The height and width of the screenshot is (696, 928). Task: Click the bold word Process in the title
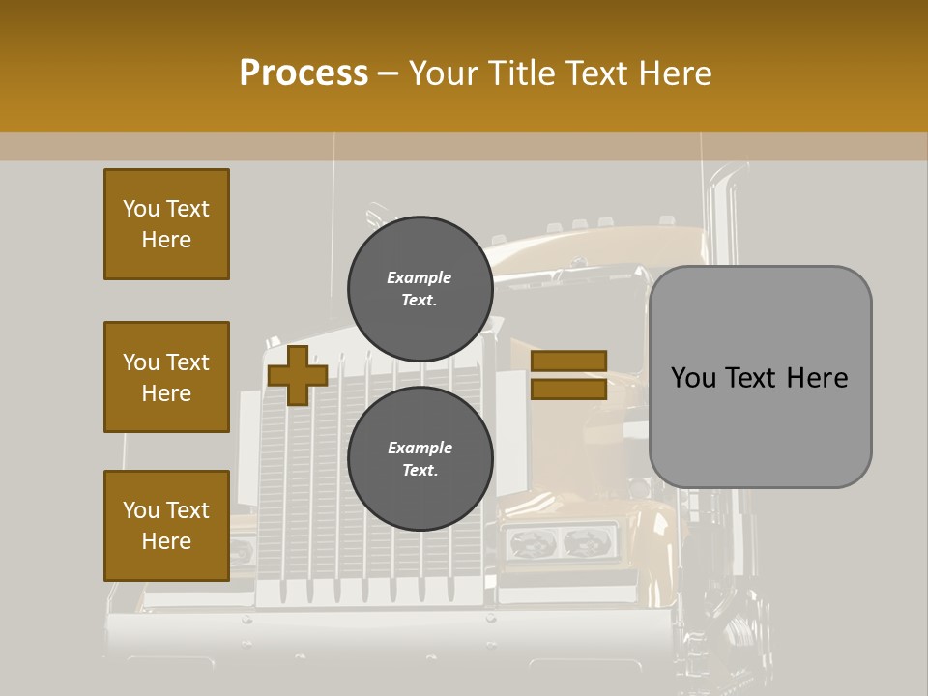point(304,73)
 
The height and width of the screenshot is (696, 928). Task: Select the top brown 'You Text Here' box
point(166,224)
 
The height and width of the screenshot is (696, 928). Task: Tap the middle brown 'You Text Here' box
point(166,377)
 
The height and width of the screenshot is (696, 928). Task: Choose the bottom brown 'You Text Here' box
point(166,526)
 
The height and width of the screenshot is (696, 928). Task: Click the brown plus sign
point(298,375)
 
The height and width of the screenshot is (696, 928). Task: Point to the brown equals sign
point(568,375)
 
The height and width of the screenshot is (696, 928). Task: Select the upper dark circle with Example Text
point(420,289)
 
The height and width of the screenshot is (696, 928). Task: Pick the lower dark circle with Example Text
point(420,459)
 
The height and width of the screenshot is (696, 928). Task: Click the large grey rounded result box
point(760,425)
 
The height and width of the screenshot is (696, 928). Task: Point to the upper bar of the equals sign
point(568,361)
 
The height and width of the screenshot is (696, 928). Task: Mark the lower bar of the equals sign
point(568,390)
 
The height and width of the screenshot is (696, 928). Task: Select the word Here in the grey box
point(816,377)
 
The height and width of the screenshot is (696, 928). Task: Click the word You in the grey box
point(695,377)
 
